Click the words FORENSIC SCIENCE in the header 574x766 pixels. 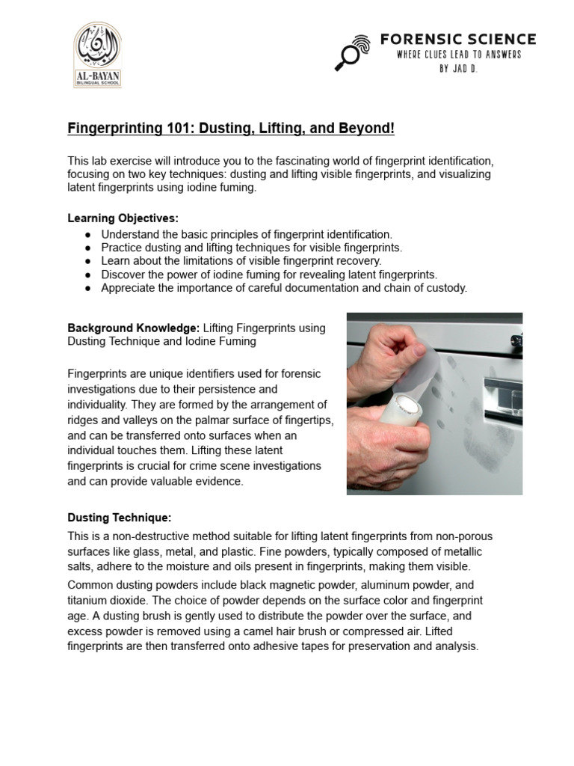tap(457, 39)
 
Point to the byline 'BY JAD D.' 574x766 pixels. tap(457, 68)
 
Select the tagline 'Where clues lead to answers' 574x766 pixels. tap(457, 55)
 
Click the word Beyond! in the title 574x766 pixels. tap(368, 129)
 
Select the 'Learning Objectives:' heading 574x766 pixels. tap(123, 218)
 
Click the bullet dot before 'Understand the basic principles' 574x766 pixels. tap(87, 234)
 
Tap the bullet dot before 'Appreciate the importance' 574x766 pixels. tap(87, 288)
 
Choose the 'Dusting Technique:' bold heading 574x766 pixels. tap(120, 517)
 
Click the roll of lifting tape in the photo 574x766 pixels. tap(404, 419)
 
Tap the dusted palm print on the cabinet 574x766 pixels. tap(486, 434)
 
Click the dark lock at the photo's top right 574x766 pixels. tap(516, 340)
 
